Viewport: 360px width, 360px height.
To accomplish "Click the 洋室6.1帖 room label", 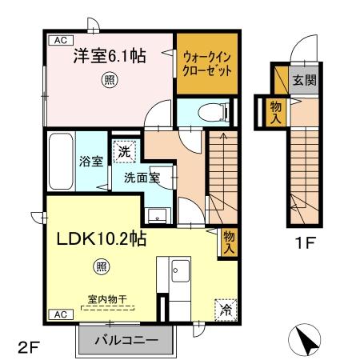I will tap(110, 56).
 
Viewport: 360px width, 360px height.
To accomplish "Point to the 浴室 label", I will tap(90, 161).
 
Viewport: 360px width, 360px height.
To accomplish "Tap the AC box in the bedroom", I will tap(59, 39).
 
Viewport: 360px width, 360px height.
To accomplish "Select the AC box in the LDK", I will tap(59, 315).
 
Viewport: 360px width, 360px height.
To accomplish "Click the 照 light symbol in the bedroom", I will tap(110, 79).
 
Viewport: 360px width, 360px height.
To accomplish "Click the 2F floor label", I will tap(28, 347).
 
